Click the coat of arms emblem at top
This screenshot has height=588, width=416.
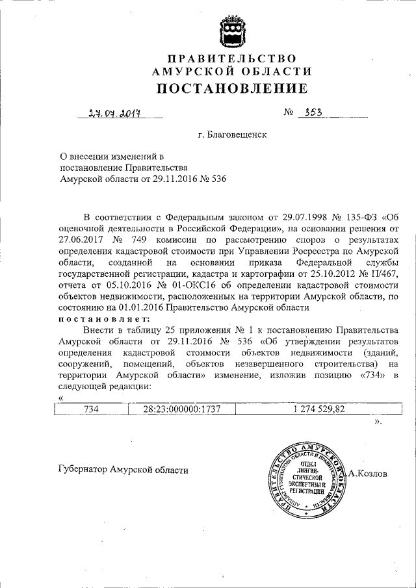click(x=232, y=28)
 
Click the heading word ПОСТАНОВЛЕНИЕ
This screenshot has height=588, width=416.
click(x=231, y=88)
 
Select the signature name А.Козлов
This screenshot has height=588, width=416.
click(x=367, y=474)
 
